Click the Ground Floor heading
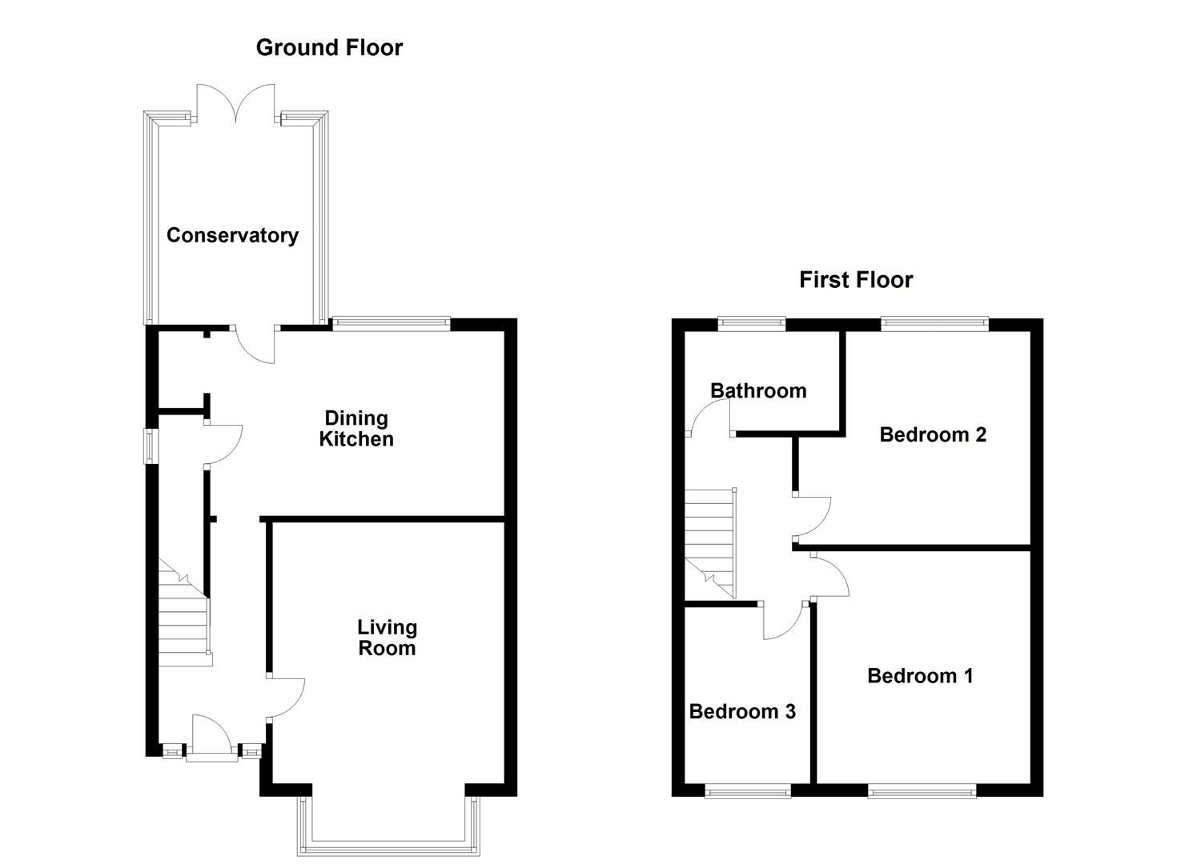click(x=328, y=48)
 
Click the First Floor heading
click(x=855, y=280)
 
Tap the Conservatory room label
click(x=232, y=235)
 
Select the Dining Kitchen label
click(x=356, y=429)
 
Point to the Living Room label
click(x=387, y=638)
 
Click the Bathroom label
click(x=757, y=391)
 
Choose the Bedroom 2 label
click(x=932, y=434)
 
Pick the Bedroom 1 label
click(x=920, y=676)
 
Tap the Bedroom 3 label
click(x=742, y=711)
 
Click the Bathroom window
click(x=751, y=323)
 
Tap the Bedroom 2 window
click(x=934, y=323)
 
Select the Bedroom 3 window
click(x=748, y=792)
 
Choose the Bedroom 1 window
click(x=922, y=792)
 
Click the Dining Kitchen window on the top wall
click(x=391, y=323)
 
